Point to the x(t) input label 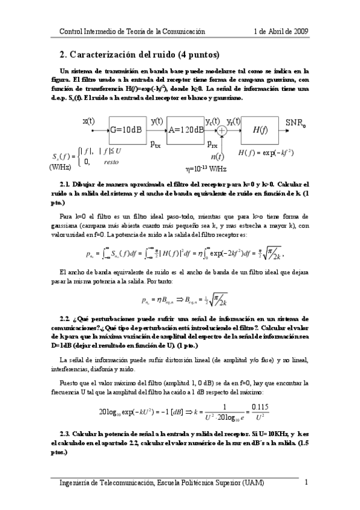pyautogui.click(x=88, y=120)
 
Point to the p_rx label pyautogui.click(x=212, y=144)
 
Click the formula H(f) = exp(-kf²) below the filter pyautogui.click(x=265, y=153)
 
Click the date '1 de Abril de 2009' pyautogui.click(x=282, y=31)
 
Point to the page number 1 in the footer pyautogui.click(x=307, y=483)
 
